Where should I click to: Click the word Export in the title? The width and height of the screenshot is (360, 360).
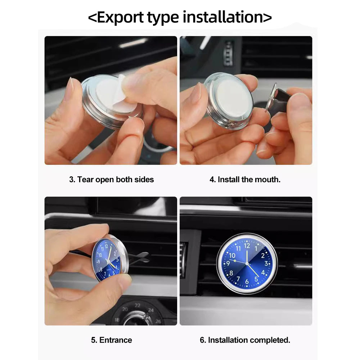pyautogui.click(x=121, y=17)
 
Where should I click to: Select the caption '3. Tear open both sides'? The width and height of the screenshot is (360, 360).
pyautogui.click(x=111, y=179)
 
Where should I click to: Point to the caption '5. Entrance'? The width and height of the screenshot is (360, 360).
pyautogui.click(x=111, y=340)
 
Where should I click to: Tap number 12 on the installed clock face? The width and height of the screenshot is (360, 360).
pyautogui.click(x=247, y=246)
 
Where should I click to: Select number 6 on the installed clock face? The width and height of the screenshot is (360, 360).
pyautogui.click(x=247, y=282)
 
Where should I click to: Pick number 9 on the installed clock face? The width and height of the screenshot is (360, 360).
pyautogui.click(x=228, y=264)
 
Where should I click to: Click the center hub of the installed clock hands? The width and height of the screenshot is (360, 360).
pyautogui.click(x=247, y=264)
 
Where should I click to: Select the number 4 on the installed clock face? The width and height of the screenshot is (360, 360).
pyautogui.click(x=263, y=273)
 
